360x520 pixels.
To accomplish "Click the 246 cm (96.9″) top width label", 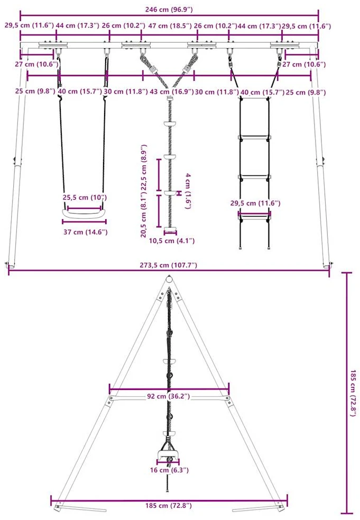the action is [x=169, y=10].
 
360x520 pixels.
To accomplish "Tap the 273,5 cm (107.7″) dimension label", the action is [x=168, y=265].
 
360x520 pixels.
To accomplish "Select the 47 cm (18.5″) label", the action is [x=170, y=25].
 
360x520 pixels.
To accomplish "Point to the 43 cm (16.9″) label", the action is [x=171, y=91].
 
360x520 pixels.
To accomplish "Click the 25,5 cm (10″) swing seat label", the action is [x=85, y=198].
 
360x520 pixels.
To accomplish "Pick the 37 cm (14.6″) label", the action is [x=86, y=232].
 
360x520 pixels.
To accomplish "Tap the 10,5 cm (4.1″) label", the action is [x=171, y=241].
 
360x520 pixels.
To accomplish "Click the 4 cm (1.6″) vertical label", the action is [x=188, y=191].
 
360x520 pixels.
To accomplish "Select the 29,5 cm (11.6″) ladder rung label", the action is [x=255, y=203].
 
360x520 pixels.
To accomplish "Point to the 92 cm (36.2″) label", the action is [x=169, y=396].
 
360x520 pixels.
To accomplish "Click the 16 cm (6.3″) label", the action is [x=169, y=470].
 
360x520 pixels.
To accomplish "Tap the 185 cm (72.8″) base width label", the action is [x=169, y=506].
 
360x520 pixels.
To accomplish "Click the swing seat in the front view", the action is [x=84, y=214].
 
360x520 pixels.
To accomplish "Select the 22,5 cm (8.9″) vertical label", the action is [x=144, y=167].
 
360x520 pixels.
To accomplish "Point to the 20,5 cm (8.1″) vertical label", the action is [x=144, y=216].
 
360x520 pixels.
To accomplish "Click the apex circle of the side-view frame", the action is [x=169, y=280].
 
